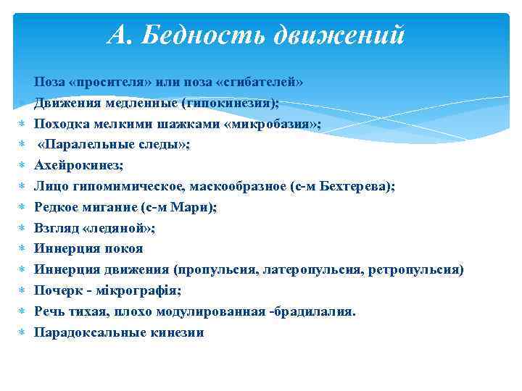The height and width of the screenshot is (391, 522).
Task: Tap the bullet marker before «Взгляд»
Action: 22,228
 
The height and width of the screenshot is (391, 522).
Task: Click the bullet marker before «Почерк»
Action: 22,290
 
